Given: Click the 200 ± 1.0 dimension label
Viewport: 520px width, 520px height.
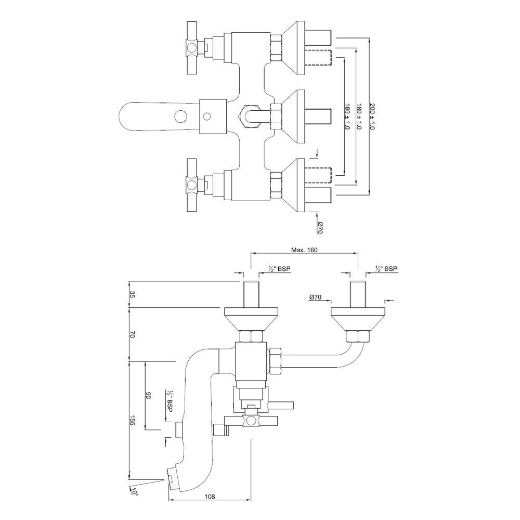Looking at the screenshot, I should (x=372, y=116).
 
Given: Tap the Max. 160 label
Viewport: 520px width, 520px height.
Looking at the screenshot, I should (x=304, y=250).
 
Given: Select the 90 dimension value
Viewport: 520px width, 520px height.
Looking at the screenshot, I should (x=148, y=396).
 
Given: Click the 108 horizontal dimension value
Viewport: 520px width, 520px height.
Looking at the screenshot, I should (x=210, y=497).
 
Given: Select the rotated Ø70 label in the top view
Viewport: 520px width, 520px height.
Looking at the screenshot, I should (x=321, y=227).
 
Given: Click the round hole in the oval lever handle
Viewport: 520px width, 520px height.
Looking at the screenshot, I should (x=181, y=115).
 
